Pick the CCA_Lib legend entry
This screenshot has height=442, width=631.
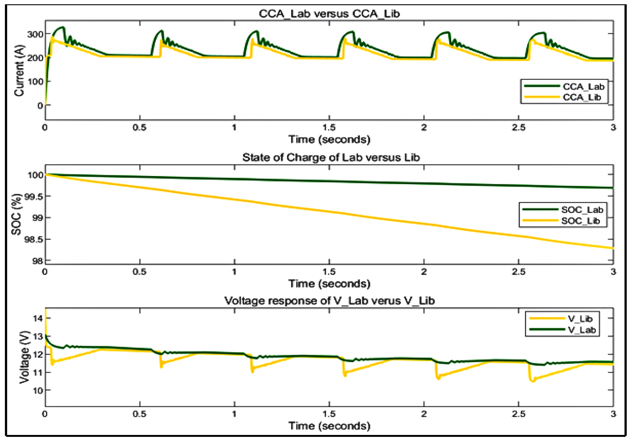pyautogui.click(x=582, y=97)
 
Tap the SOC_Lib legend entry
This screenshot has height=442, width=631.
pyautogui.click(x=581, y=221)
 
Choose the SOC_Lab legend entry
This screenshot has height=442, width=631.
pyautogui.click(x=582, y=210)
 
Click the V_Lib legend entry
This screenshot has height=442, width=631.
pyautogui.click(x=580, y=319)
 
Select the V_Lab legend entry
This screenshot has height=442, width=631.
pyautogui.click(x=582, y=330)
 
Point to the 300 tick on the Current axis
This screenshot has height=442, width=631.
pyautogui.click(x=35, y=34)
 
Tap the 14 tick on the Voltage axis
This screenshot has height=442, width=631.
pyautogui.click(x=38, y=318)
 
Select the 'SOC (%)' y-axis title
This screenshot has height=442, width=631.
pyautogui.click(x=16, y=214)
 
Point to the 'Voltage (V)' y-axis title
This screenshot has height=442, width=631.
pyautogui.click(x=24, y=357)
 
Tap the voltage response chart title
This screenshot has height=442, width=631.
pyautogui.click(x=330, y=301)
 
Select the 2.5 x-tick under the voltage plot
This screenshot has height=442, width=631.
pyautogui.click(x=518, y=414)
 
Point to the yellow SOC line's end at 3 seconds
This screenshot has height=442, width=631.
pyautogui.click(x=613, y=248)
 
